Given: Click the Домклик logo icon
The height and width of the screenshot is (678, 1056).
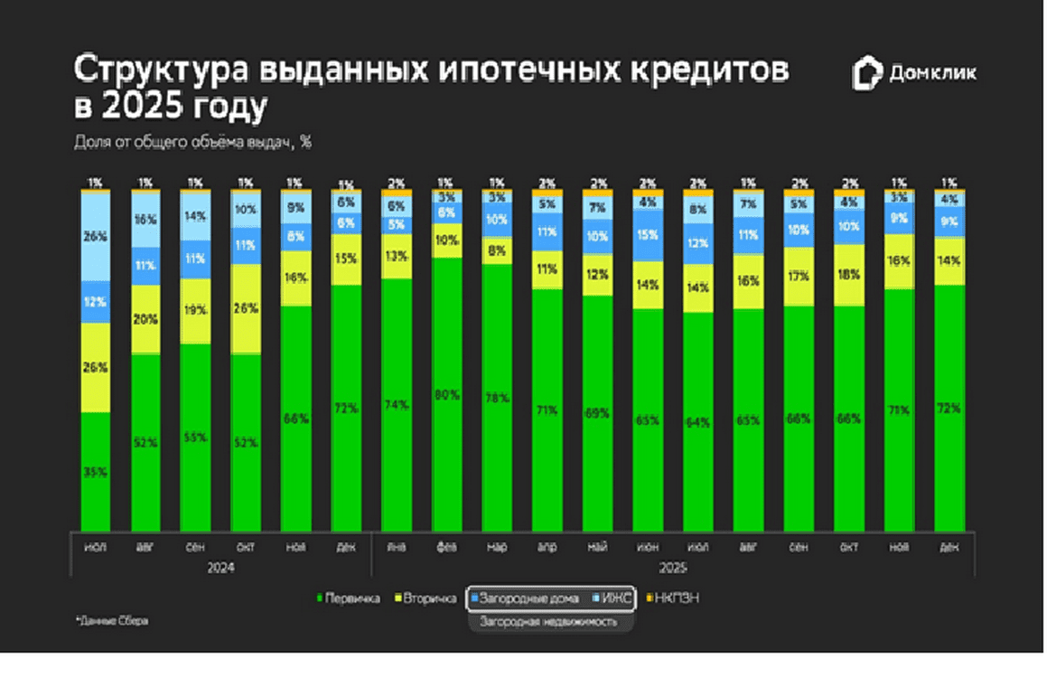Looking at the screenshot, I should click(x=866, y=73).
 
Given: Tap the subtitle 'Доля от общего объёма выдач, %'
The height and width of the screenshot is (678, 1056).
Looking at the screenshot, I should click(x=192, y=141).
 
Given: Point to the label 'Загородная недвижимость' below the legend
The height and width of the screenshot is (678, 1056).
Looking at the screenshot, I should click(x=548, y=622).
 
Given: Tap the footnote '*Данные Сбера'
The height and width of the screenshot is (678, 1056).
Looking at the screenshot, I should click(x=112, y=621).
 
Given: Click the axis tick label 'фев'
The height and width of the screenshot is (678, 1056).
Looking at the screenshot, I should click(x=446, y=546).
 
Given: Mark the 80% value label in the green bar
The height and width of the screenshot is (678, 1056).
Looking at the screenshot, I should click(x=446, y=394).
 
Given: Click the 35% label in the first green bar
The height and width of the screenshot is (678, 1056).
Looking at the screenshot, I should click(x=96, y=472).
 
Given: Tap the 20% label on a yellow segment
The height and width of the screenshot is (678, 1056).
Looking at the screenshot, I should click(x=146, y=319).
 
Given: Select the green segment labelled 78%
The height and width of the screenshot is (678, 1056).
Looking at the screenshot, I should click(x=496, y=398).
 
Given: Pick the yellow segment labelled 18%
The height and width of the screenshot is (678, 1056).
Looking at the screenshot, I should click(x=848, y=276).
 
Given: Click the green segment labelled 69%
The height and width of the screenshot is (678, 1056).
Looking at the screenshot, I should click(x=597, y=412).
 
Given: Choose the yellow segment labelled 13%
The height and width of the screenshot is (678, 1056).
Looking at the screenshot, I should click(x=396, y=256).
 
